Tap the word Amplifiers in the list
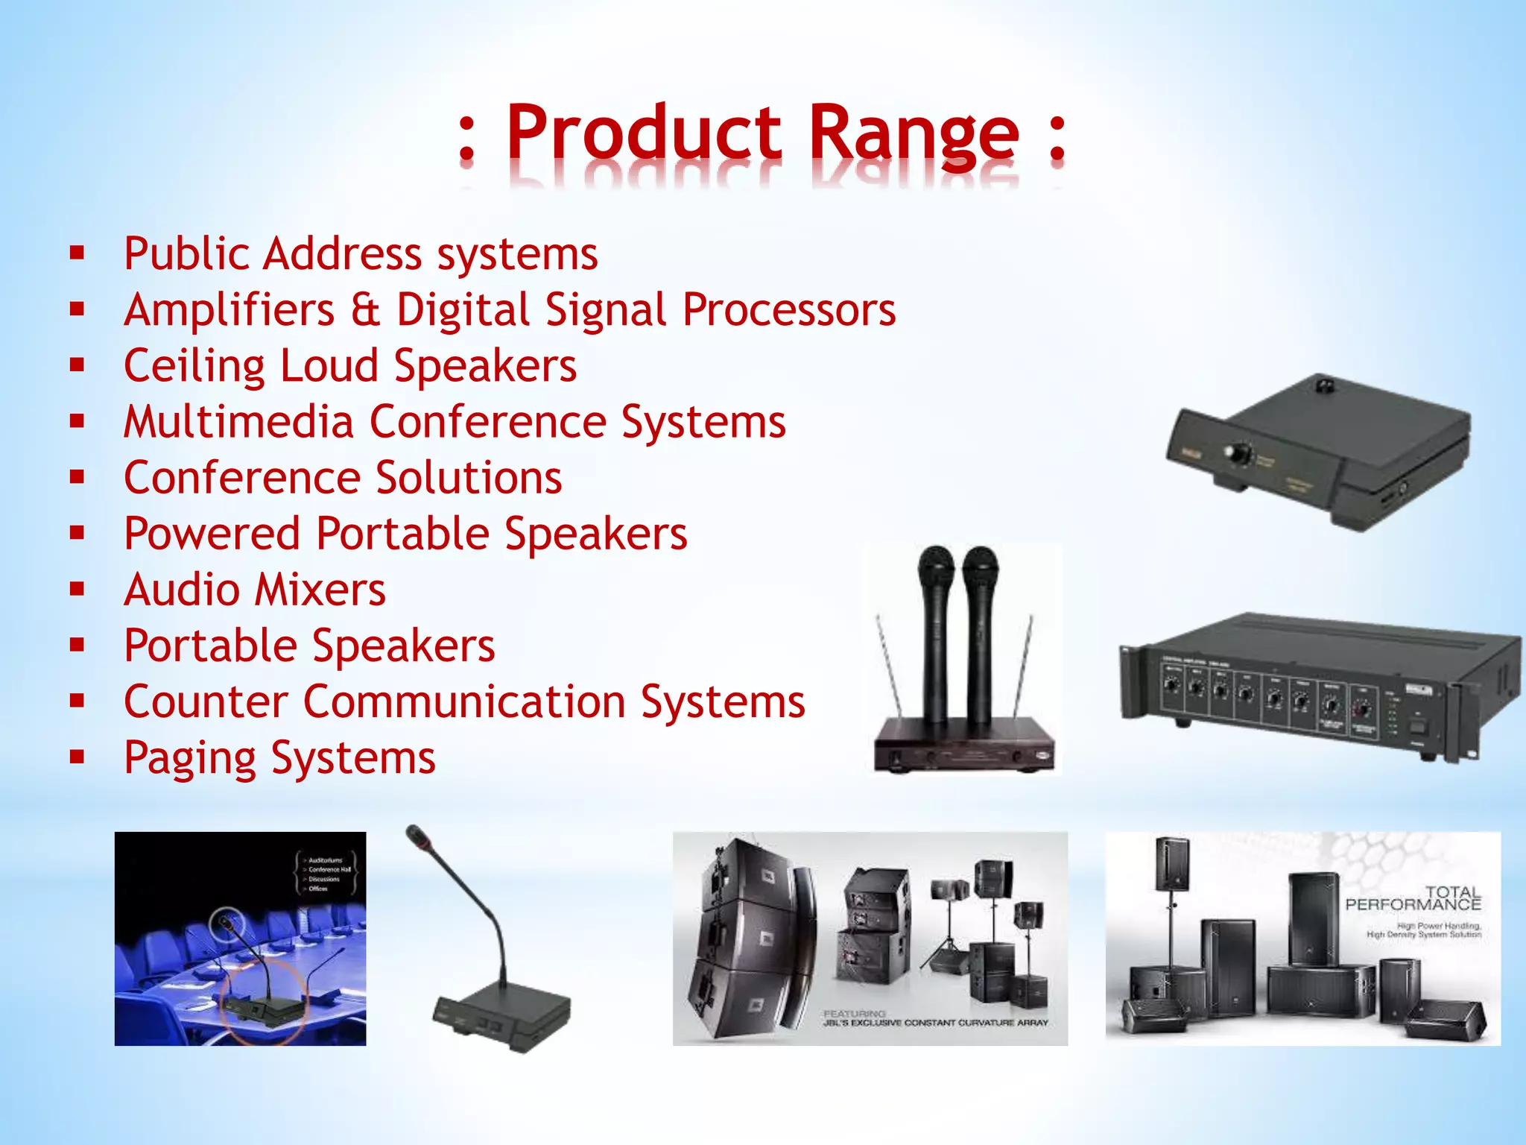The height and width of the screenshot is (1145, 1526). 229,310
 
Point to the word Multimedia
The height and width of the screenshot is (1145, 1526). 238,422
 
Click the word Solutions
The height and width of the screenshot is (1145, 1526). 469,478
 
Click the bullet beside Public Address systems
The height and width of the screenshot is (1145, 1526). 77,253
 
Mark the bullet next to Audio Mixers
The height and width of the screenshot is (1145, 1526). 77,590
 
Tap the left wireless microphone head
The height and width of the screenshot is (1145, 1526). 936,567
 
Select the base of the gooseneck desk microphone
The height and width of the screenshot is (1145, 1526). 501,1015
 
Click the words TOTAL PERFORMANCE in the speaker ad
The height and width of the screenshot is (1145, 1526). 1413,898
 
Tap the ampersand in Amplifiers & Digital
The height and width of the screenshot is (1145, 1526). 365,310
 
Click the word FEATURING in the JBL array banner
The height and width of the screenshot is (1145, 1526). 854,1014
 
